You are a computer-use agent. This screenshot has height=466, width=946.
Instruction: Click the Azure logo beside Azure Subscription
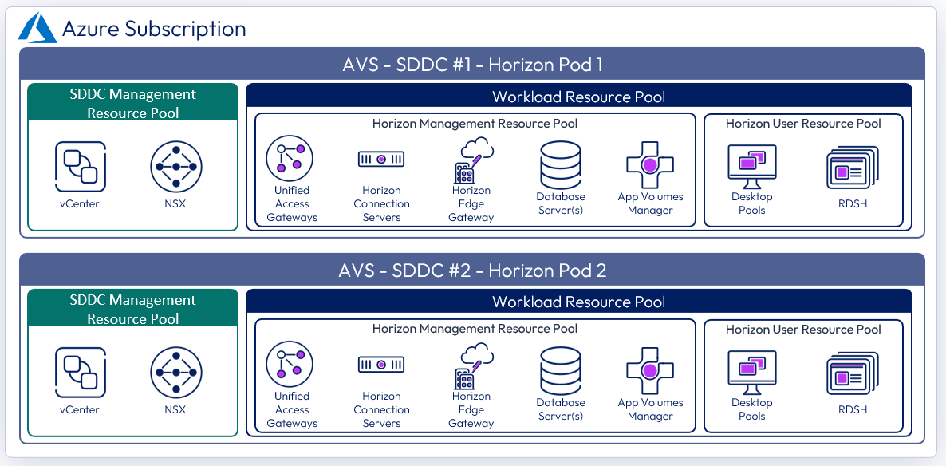(37, 29)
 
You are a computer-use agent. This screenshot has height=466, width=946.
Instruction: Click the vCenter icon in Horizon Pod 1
(80, 166)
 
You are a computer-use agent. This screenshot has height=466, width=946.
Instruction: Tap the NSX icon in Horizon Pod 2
(175, 372)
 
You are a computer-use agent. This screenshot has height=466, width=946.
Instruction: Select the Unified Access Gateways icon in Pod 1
(290, 156)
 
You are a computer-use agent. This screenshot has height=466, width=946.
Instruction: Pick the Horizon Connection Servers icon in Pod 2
(381, 365)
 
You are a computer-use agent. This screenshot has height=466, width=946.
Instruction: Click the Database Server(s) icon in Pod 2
(561, 369)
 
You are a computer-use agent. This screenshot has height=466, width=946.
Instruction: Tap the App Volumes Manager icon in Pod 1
(650, 164)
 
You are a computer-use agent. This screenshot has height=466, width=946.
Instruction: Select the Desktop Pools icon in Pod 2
(751, 373)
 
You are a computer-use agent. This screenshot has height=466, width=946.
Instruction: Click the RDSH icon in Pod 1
(852, 168)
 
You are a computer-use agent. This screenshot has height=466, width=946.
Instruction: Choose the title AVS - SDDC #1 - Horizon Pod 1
(472, 65)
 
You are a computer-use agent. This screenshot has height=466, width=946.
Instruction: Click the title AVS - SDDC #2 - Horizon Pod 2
(472, 271)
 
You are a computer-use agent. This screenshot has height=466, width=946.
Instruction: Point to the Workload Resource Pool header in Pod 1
(578, 97)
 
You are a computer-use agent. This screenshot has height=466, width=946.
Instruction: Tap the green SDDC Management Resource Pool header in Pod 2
(133, 309)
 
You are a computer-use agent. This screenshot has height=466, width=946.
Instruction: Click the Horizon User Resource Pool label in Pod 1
(803, 124)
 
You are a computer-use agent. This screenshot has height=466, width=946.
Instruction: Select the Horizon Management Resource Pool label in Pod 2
(475, 329)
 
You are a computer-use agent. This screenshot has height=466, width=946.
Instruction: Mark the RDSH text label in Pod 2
(852, 409)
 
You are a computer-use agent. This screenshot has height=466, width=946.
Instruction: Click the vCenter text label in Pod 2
(80, 409)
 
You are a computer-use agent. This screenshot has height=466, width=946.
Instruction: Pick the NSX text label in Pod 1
(175, 203)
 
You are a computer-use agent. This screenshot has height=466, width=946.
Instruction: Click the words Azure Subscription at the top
(154, 30)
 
